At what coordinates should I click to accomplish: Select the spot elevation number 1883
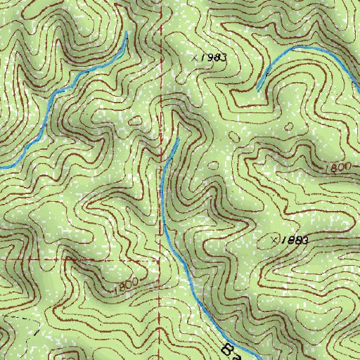click(295, 240)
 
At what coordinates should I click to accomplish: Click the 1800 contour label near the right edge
click(339, 167)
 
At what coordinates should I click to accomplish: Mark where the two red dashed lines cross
click(161, 258)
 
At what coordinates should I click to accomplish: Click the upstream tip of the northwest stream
click(127, 32)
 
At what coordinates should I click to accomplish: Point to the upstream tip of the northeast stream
click(257, 89)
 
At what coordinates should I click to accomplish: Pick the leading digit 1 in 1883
click(283, 240)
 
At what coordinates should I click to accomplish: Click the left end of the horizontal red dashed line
click(1, 258)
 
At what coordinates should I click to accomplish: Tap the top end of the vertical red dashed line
click(162, 1)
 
